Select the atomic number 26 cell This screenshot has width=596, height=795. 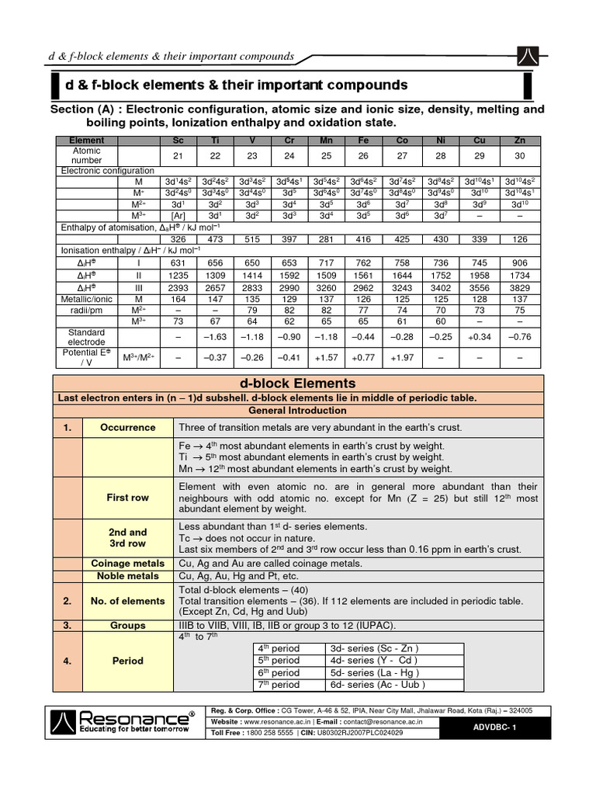click(362, 155)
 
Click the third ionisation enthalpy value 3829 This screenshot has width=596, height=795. click(520, 287)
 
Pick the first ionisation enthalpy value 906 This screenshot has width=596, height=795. click(520, 262)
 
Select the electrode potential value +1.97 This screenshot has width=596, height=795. click(400, 358)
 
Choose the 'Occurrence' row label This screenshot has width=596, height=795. click(127, 428)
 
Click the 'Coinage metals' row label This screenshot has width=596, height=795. click(127, 564)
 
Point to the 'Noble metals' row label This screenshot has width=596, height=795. click(127, 576)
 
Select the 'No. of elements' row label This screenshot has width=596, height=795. click(127, 601)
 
